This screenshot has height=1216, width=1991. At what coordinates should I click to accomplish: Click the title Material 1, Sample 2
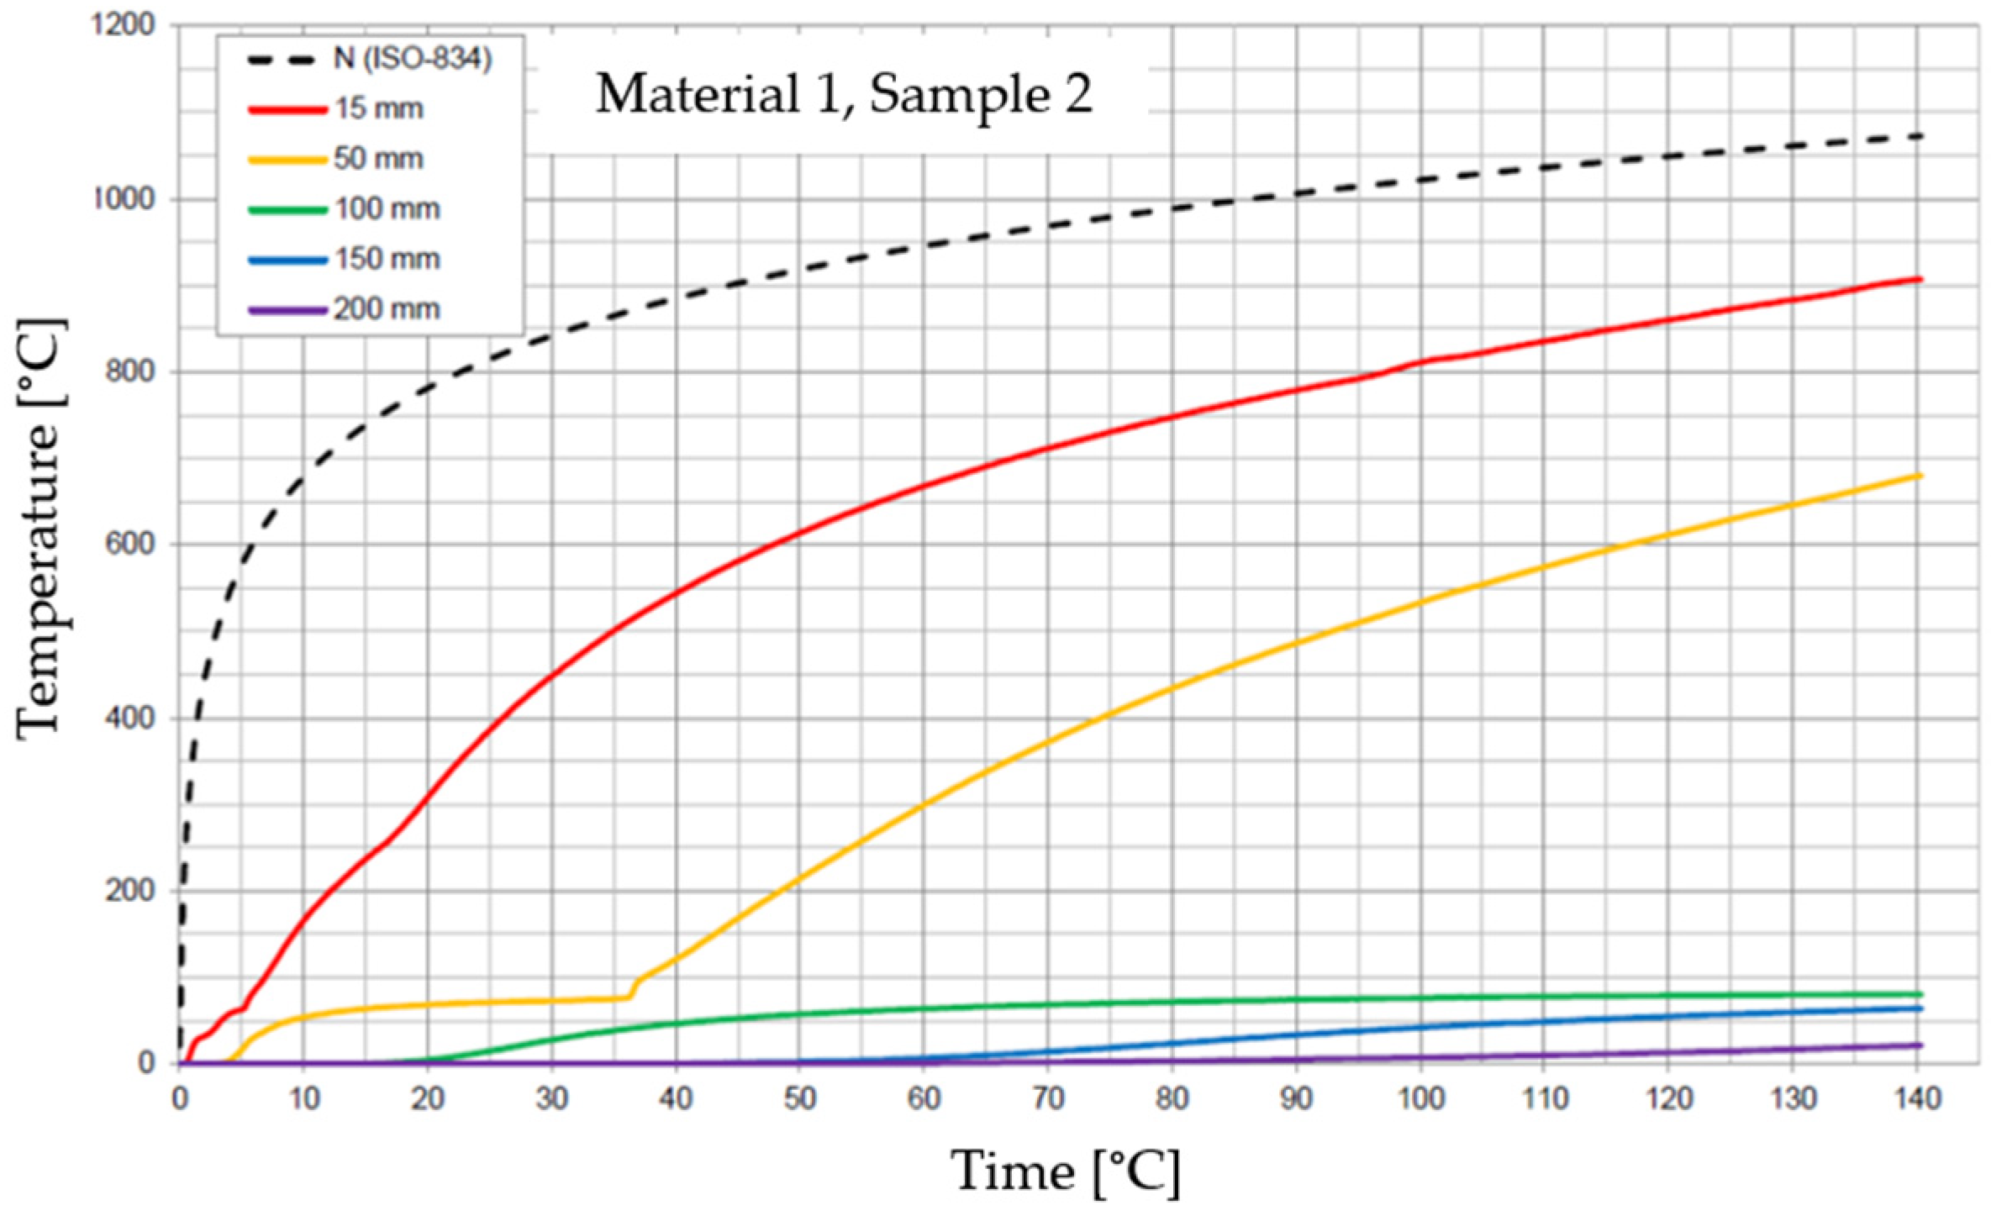(844, 93)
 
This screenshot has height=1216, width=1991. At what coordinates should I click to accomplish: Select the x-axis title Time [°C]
(1065, 1171)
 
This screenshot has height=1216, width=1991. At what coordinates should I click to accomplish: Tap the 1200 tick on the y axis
(124, 26)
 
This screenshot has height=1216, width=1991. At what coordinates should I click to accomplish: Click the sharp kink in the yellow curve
(630, 996)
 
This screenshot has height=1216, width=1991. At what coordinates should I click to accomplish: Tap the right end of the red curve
(1920, 279)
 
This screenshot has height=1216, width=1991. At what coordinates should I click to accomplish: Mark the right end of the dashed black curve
(1920, 135)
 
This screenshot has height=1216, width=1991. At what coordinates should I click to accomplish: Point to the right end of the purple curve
(1920, 1045)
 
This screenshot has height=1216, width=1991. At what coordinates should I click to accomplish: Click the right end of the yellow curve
(1920, 476)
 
